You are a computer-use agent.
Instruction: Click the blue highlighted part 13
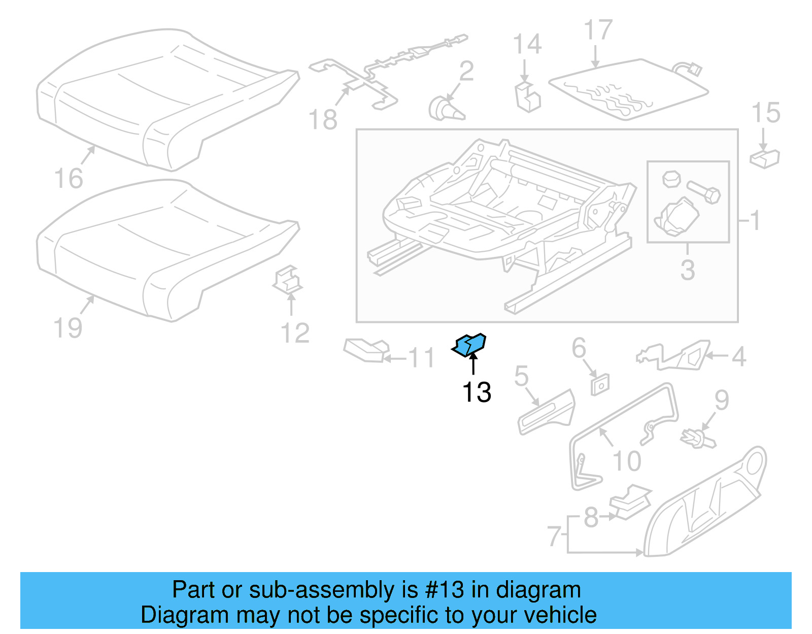[x=469, y=345]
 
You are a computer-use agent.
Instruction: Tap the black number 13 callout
[x=477, y=392]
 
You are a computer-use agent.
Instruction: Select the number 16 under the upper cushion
[x=69, y=179]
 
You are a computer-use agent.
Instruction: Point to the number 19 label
[x=68, y=328]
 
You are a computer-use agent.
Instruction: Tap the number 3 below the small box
[x=688, y=270]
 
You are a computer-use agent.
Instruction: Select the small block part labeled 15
[x=765, y=158]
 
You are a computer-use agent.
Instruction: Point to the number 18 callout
[x=323, y=120]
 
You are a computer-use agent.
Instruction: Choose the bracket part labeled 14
[x=528, y=97]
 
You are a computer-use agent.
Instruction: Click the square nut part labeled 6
[x=600, y=385]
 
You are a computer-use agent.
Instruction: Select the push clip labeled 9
[x=697, y=438]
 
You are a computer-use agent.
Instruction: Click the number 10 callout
[x=627, y=461]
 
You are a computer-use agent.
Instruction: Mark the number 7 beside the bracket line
[x=554, y=536]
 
